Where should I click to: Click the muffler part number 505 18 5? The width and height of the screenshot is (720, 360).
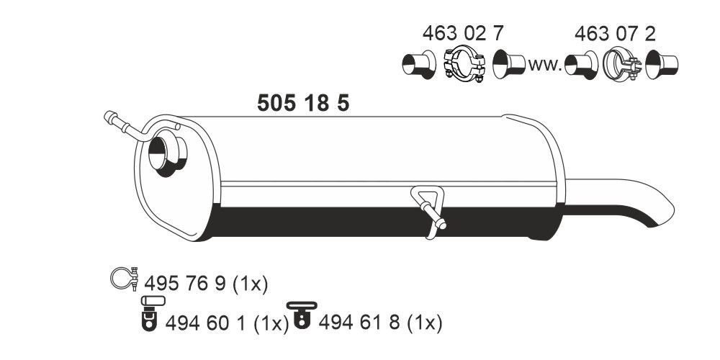(303, 104)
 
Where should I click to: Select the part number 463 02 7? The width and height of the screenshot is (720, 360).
(462, 34)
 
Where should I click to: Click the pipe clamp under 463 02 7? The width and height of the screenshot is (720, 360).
(462, 64)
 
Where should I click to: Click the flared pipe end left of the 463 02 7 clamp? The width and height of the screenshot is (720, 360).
(417, 64)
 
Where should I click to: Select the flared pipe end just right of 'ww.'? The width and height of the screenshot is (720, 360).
(580, 65)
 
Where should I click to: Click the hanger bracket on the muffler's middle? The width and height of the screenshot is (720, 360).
(430, 208)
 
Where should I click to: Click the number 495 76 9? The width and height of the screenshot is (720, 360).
(186, 284)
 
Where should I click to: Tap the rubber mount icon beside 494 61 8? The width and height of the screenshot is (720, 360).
(300, 317)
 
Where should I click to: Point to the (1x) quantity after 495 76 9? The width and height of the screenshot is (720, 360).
(250, 284)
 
